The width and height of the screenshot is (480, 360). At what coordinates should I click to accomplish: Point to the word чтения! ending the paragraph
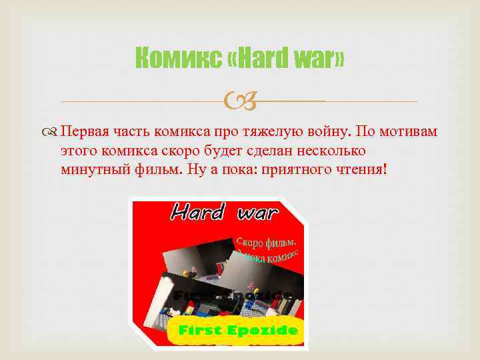pyautogui.click(x=361, y=169)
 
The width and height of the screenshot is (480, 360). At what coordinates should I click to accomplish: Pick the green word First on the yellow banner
pyautogui.click(x=200, y=329)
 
